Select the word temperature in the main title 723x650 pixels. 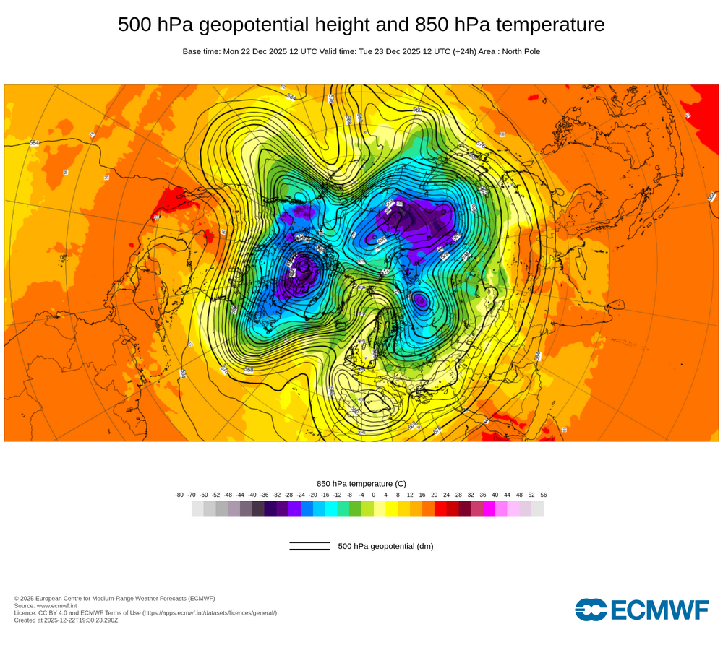click(x=550, y=25)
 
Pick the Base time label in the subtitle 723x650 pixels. click(x=202, y=51)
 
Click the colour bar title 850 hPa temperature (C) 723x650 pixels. click(x=361, y=483)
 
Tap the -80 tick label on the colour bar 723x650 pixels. click(x=179, y=495)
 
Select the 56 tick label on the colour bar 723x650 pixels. click(x=543, y=495)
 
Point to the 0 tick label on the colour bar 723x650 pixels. click(x=374, y=495)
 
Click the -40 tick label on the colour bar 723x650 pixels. click(x=252, y=495)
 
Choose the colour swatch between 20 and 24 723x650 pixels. click(x=440, y=508)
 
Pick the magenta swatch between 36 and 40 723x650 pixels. click(x=489, y=508)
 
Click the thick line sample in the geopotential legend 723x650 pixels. click(x=309, y=550)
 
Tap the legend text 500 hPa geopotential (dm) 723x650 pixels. click(x=385, y=546)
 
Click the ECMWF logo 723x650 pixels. click(x=642, y=610)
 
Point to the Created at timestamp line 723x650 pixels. click(x=66, y=620)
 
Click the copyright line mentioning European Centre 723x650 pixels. click(x=114, y=598)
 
